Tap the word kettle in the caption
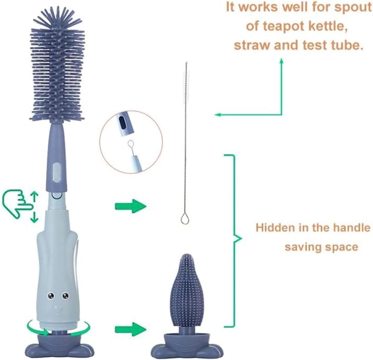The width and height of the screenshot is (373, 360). pyautogui.click(x=328, y=26)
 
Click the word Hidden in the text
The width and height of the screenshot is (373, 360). pyautogui.click(x=275, y=228)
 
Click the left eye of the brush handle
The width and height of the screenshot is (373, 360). pyautogui.click(x=51, y=296)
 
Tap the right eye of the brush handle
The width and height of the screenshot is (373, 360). pyautogui.click(x=65, y=296)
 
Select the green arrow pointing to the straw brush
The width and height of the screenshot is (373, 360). pyautogui.click(x=130, y=206)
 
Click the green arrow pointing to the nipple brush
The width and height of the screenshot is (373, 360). pyautogui.click(x=130, y=329)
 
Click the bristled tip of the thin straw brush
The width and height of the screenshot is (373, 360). pyautogui.click(x=186, y=81)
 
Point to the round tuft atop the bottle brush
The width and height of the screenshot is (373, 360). pyautogui.click(x=56, y=18)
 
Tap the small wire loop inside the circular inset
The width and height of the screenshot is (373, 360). pyautogui.click(x=130, y=144)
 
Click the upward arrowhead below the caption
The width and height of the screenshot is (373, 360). pyautogui.click(x=282, y=61)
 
